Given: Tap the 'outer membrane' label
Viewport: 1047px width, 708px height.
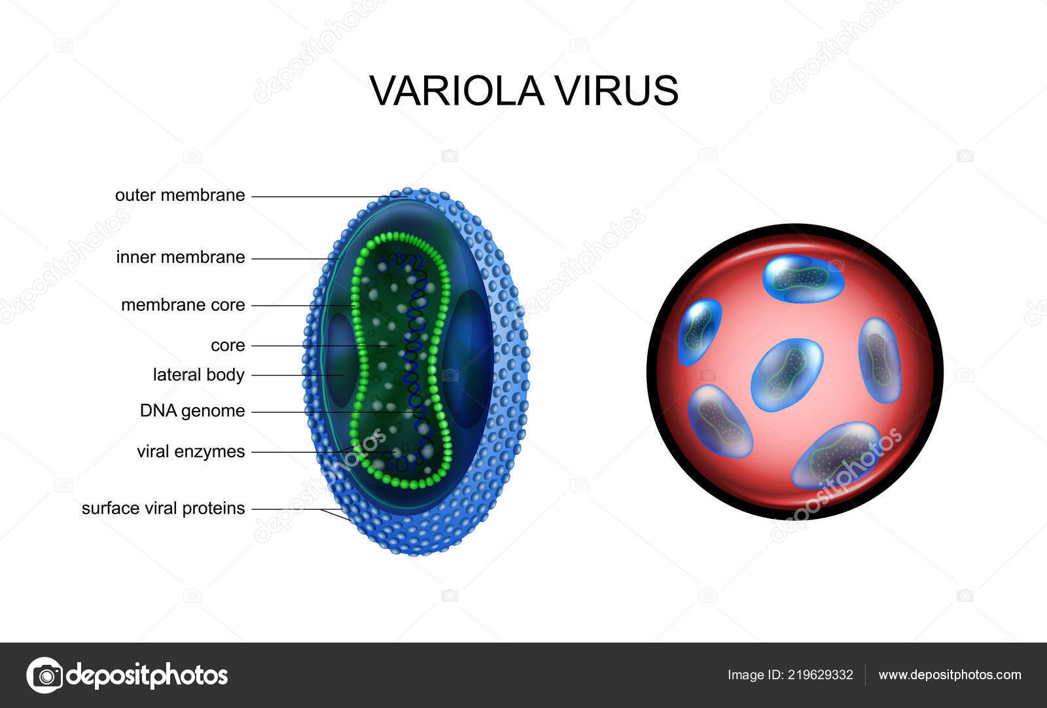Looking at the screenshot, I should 180,195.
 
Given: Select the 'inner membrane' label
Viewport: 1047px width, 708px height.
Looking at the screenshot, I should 180,257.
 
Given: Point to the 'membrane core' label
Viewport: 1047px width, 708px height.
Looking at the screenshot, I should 183,305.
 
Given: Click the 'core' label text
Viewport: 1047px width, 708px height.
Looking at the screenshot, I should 228,345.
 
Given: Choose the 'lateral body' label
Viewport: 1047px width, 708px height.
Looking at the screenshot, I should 198,375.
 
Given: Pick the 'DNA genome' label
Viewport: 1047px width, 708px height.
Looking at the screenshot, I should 192,411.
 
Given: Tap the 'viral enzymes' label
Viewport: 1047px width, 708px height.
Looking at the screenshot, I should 190,451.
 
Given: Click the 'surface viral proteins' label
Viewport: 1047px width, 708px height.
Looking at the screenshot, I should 163,508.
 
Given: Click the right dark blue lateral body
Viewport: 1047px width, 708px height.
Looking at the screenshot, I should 469,359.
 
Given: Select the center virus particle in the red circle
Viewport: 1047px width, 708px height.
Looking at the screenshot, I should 787,374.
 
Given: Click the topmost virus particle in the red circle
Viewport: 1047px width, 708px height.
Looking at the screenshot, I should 803,279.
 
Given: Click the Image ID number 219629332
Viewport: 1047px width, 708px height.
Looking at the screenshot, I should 821,675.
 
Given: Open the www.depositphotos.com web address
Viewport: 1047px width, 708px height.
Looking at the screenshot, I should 949,675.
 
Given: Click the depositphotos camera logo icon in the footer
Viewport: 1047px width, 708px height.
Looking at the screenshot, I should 45,675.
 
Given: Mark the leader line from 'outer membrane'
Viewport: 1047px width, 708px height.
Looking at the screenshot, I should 321,196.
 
